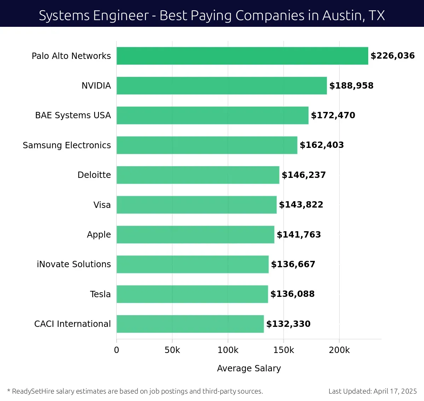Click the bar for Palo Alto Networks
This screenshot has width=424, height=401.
pyautogui.click(x=242, y=56)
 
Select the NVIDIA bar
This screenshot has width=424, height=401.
pyautogui.click(x=222, y=85)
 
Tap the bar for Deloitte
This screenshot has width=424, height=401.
pyautogui.click(x=198, y=175)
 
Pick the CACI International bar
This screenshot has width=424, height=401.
pyautogui.click(x=190, y=324)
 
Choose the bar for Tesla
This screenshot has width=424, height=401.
pyautogui.click(x=192, y=294)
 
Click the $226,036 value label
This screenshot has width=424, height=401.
pyautogui.click(x=393, y=56)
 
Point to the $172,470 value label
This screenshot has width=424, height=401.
pyautogui.click(x=333, y=115)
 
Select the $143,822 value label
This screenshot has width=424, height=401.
pyautogui.click(x=301, y=205)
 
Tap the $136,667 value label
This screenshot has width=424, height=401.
pyautogui.click(x=293, y=264)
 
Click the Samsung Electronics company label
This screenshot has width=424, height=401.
pyautogui.click(x=67, y=145)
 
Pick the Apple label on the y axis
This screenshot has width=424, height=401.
pyautogui.click(x=99, y=235)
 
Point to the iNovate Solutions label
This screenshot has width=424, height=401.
pyautogui.click(x=74, y=264)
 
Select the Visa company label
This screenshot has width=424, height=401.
pyautogui.click(x=102, y=205)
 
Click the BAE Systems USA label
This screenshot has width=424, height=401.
pyautogui.click(x=73, y=115)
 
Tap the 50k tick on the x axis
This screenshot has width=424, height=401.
pyautogui.click(x=172, y=350)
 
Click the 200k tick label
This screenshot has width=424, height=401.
pyautogui.click(x=339, y=350)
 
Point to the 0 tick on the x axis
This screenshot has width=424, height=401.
pyautogui.click(x=117, y=350)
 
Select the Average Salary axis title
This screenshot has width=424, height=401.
pyautogui.click(x=249, y=368)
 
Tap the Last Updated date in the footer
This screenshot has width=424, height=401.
pyautogui.click(x=372, y=391)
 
